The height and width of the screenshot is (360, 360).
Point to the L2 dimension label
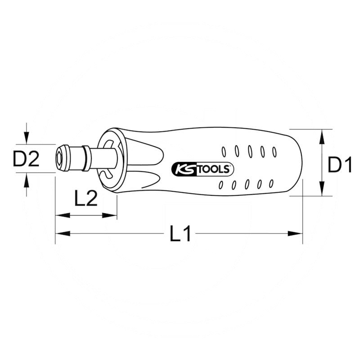[85, 198]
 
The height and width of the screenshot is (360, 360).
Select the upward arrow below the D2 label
[27, 181]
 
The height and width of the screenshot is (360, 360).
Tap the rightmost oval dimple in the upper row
[274, 151]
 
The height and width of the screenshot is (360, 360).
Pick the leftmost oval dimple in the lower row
[220, 185]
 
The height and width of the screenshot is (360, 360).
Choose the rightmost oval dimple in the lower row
[271, 183]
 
